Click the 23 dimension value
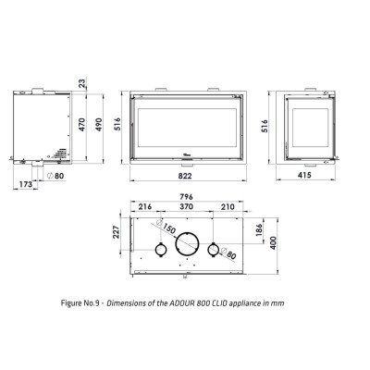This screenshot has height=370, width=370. coord(82,83)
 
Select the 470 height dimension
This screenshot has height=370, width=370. coord(82,125)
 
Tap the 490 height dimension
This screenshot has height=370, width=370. coord(99,125)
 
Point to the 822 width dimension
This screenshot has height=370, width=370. coord(185,176)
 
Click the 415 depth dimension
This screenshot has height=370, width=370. coord(304,175)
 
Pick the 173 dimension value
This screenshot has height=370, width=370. coord(26,184)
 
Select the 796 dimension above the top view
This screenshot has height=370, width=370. coord(186,197)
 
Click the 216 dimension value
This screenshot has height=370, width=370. coord(145,206)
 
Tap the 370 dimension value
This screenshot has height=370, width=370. coord(186,206)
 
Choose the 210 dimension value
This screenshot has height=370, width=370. coord(228,206)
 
